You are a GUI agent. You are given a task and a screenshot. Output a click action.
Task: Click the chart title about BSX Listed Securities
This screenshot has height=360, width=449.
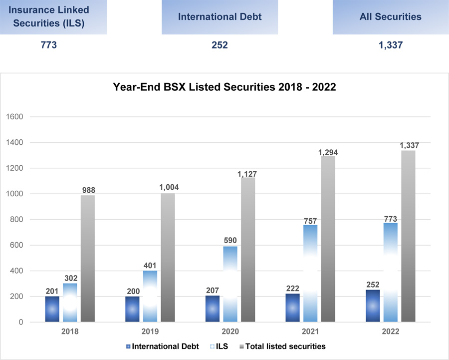pos(224,87)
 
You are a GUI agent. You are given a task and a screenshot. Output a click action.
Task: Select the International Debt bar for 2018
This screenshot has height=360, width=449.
pos(52,309)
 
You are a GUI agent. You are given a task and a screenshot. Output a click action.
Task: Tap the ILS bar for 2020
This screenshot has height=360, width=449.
pos(230,284)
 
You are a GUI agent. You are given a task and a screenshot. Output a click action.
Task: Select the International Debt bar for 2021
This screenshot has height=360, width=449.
pos(292,308)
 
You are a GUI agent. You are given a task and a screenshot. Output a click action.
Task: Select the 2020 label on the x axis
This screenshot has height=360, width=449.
pos(230,332)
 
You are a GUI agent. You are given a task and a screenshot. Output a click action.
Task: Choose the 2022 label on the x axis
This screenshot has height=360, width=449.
pos(390,332)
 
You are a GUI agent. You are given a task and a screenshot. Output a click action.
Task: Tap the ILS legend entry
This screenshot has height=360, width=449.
pos(219,346)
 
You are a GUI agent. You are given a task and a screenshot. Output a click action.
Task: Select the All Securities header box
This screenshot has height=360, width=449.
pos(390,16)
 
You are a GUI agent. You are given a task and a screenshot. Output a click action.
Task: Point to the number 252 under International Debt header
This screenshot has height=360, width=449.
pos(220,45)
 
